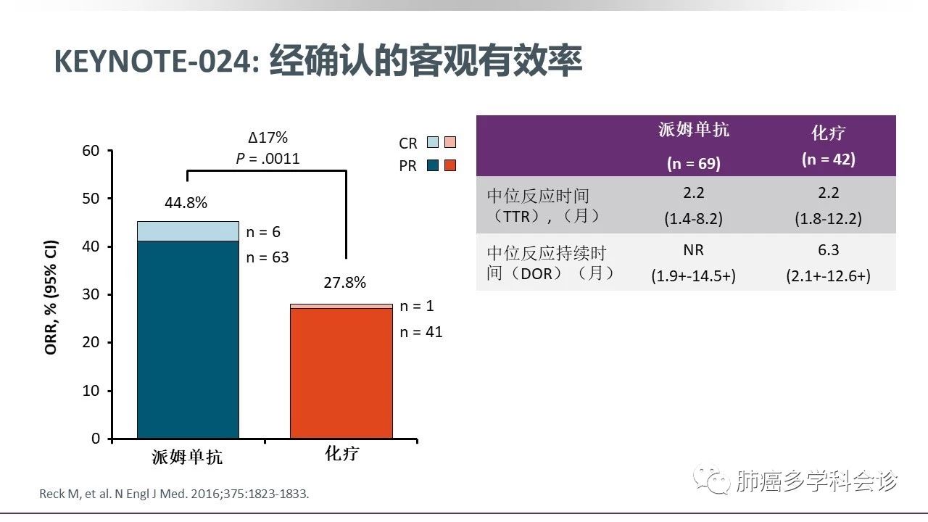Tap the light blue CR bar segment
[188, 231]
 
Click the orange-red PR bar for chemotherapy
[341, 373]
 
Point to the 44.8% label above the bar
[186, 203]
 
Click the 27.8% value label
[344, 283]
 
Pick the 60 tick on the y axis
[90, 151]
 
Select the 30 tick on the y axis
[90, 294]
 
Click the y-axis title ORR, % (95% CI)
[51, 297]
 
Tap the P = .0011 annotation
[268, 159]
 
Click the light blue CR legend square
[433, 143]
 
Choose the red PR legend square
[450, 165]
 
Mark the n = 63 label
[268, 257]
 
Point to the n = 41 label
[421, 332]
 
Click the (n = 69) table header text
[694, 164]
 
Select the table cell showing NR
[694, 250]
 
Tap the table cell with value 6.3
[828, 250]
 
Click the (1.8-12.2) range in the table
[828, 218]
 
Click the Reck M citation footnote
[174, 494]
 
